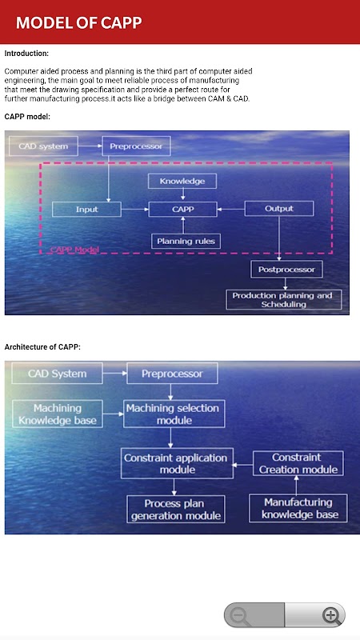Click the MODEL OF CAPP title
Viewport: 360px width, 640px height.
(x=78, y=23)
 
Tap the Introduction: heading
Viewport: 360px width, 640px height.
(x=26, y=54)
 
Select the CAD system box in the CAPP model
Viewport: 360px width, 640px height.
(x=43, y=146)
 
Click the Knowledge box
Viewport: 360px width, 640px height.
(x=182, y=182)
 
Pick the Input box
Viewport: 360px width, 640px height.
(x=87, y=210)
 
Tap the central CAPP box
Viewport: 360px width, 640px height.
(x=183, y=210)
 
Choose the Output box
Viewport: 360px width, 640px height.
(x=279, y=209)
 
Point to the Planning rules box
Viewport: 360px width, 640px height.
(x=186, y=242)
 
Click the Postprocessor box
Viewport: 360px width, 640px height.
(x=286, y=270)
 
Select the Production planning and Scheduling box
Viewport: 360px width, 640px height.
(x=284, y=299)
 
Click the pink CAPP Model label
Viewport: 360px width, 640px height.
(x=74, y=250)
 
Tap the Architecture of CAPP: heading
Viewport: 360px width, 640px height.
(x=42, y=347)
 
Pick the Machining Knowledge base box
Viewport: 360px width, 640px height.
(x=57, y=414)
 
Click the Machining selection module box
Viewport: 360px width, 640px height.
(x=174, y=414)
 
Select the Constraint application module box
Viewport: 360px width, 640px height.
(x=177, y=464)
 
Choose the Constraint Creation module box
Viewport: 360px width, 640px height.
(x=298, y=463)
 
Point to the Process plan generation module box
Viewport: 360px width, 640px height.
(x=176, y=509)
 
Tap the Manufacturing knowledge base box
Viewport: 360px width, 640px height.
(x=298, y=508)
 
